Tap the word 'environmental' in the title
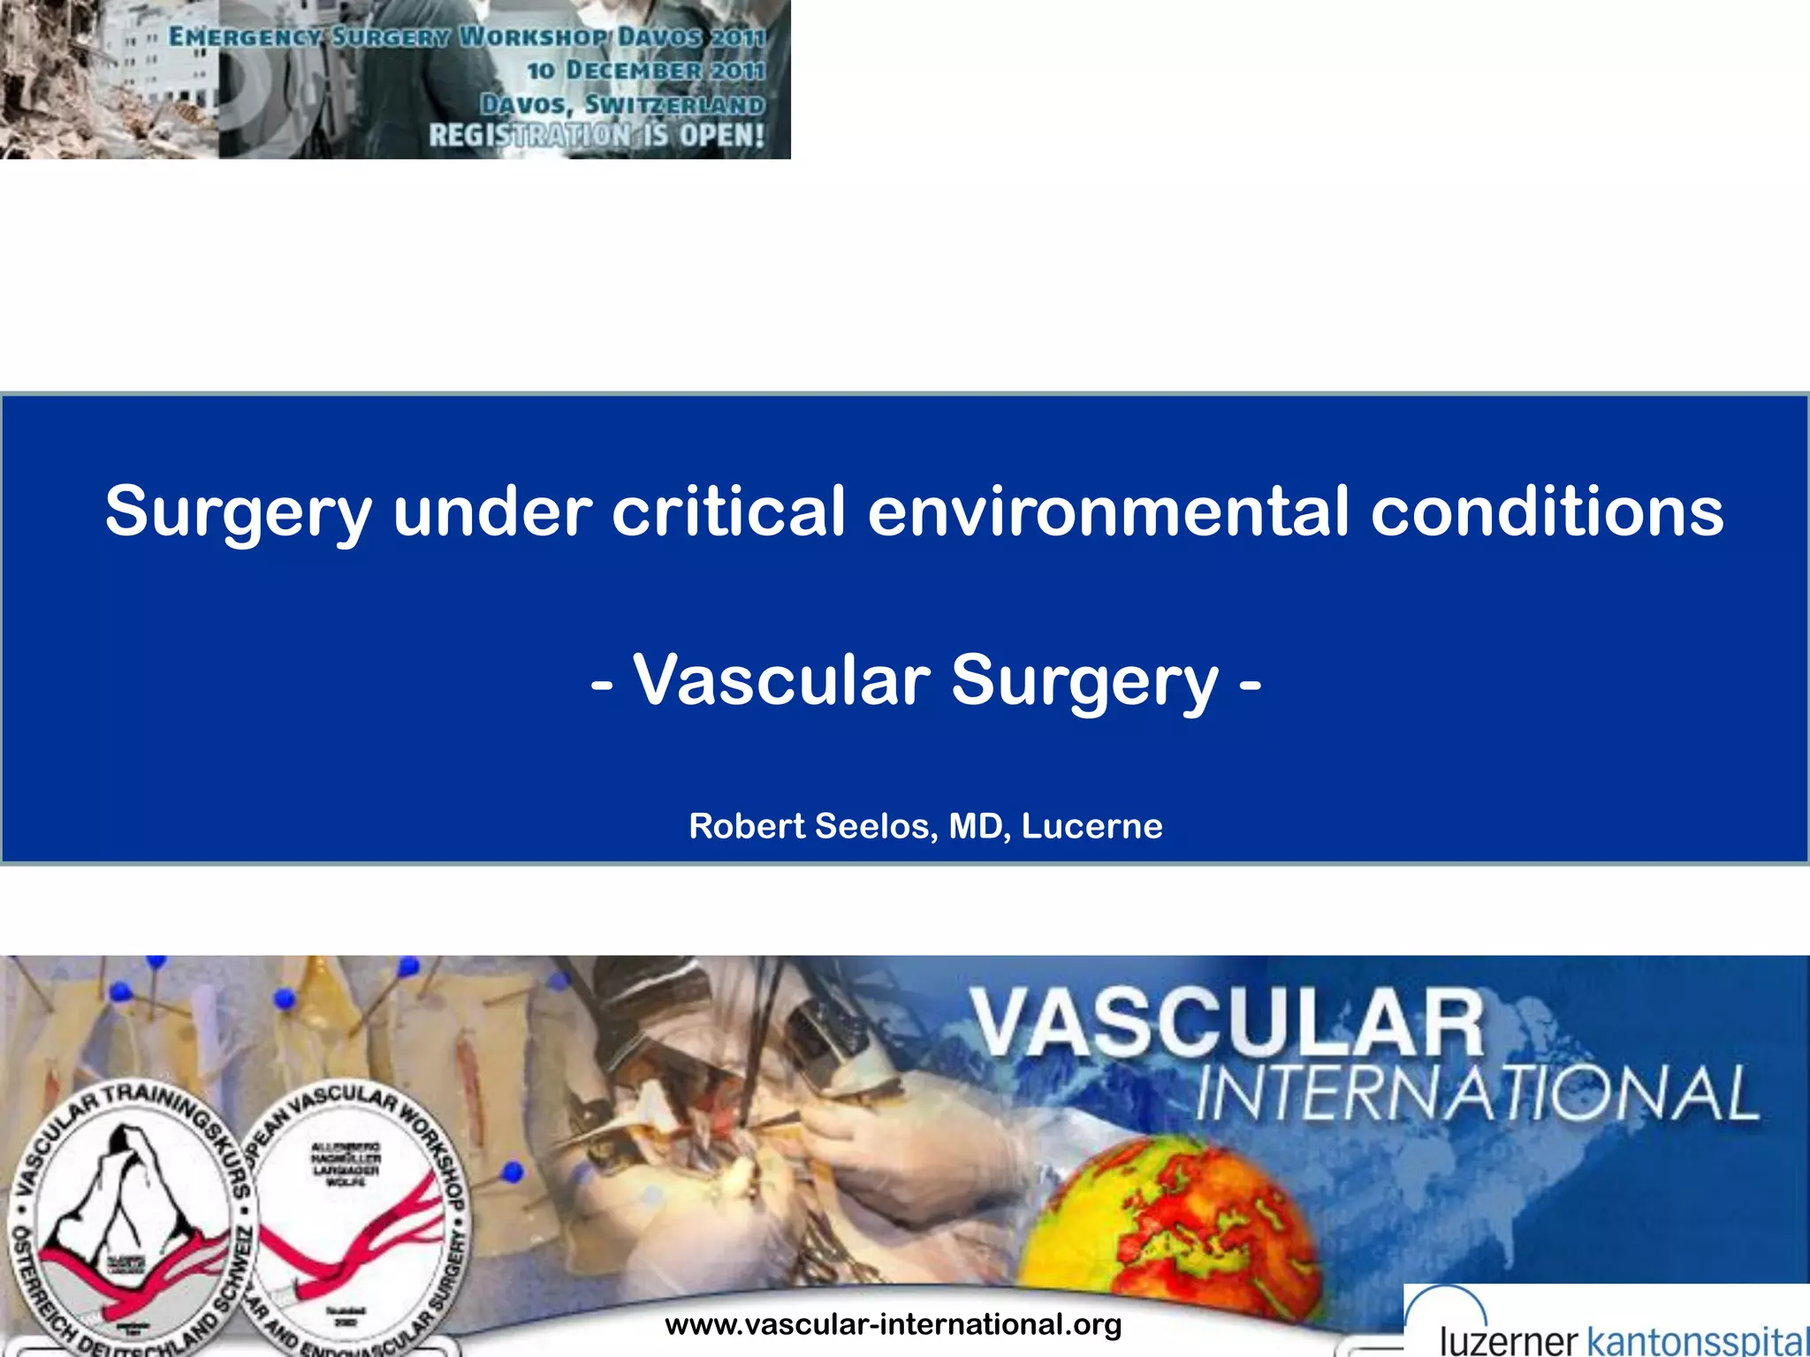click(x=1108, y=512)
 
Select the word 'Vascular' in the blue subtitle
click(x=781, y=680)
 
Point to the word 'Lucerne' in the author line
click(x=1091, y=826)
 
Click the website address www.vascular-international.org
click(x=893, y=1324)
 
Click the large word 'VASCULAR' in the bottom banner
click(x=1228, y=1025)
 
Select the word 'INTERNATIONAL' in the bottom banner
click(x=1476, y=1094)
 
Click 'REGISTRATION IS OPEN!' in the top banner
click(x=597, y=136)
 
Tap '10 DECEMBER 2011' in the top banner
click(x=645, y=70)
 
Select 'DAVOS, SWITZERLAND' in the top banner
click(x=622, y=104)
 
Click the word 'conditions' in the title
click(x=1547, y=512)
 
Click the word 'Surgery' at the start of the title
click(x=239, y=512)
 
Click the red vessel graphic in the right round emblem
click(x=354, y=1237)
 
